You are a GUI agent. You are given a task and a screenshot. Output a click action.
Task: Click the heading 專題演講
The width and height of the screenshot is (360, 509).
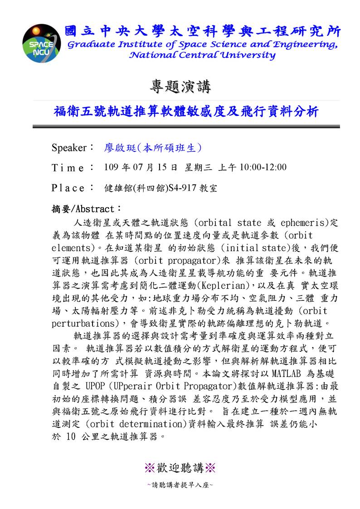pyautogui.click(x=180, y=85)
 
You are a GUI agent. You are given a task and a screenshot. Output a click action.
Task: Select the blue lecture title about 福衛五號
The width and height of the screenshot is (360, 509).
pyautogui.click(x=186, y=111)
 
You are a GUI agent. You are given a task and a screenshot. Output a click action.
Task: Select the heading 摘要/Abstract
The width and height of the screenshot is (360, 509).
pyautogui.click(x=86, y=209)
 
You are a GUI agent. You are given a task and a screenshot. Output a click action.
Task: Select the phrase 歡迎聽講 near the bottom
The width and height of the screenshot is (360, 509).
pyautogui.click(x=180, y=467)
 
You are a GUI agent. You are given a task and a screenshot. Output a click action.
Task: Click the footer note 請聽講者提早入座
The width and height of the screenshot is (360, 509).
pyautogui.click(x=180, y=485)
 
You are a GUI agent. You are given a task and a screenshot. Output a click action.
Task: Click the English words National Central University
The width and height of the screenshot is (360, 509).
pyautogui.click(x=202, y=55)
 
